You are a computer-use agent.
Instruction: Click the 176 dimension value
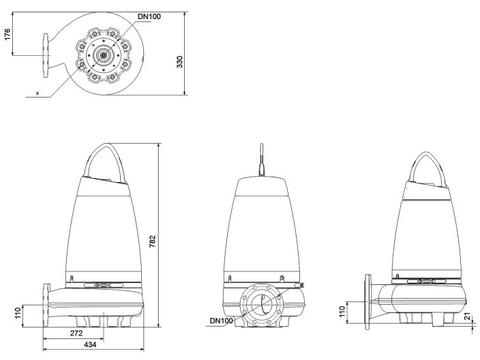(x=8, y=34)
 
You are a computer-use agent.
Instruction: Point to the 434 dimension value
(x=89, y=345)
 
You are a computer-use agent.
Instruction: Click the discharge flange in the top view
(x=45, y=55)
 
